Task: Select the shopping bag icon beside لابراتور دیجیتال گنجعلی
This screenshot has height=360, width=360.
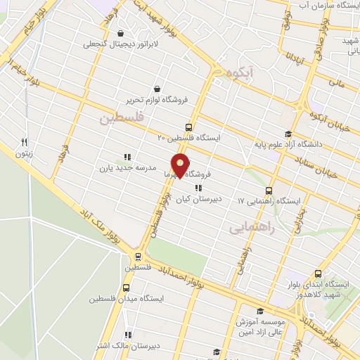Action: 121,32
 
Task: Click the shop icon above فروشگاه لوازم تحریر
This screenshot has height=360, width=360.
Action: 155,89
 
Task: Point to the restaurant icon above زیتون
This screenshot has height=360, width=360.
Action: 24,141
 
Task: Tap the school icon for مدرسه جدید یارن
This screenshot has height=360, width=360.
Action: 127,157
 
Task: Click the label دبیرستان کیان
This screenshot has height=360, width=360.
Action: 218,198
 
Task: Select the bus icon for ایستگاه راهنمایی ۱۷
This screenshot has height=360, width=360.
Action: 269,190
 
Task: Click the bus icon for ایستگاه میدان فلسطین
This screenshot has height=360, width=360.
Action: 126,288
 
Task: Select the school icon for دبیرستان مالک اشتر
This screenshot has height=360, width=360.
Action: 127,335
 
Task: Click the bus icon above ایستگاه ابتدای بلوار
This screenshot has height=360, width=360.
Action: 319,274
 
